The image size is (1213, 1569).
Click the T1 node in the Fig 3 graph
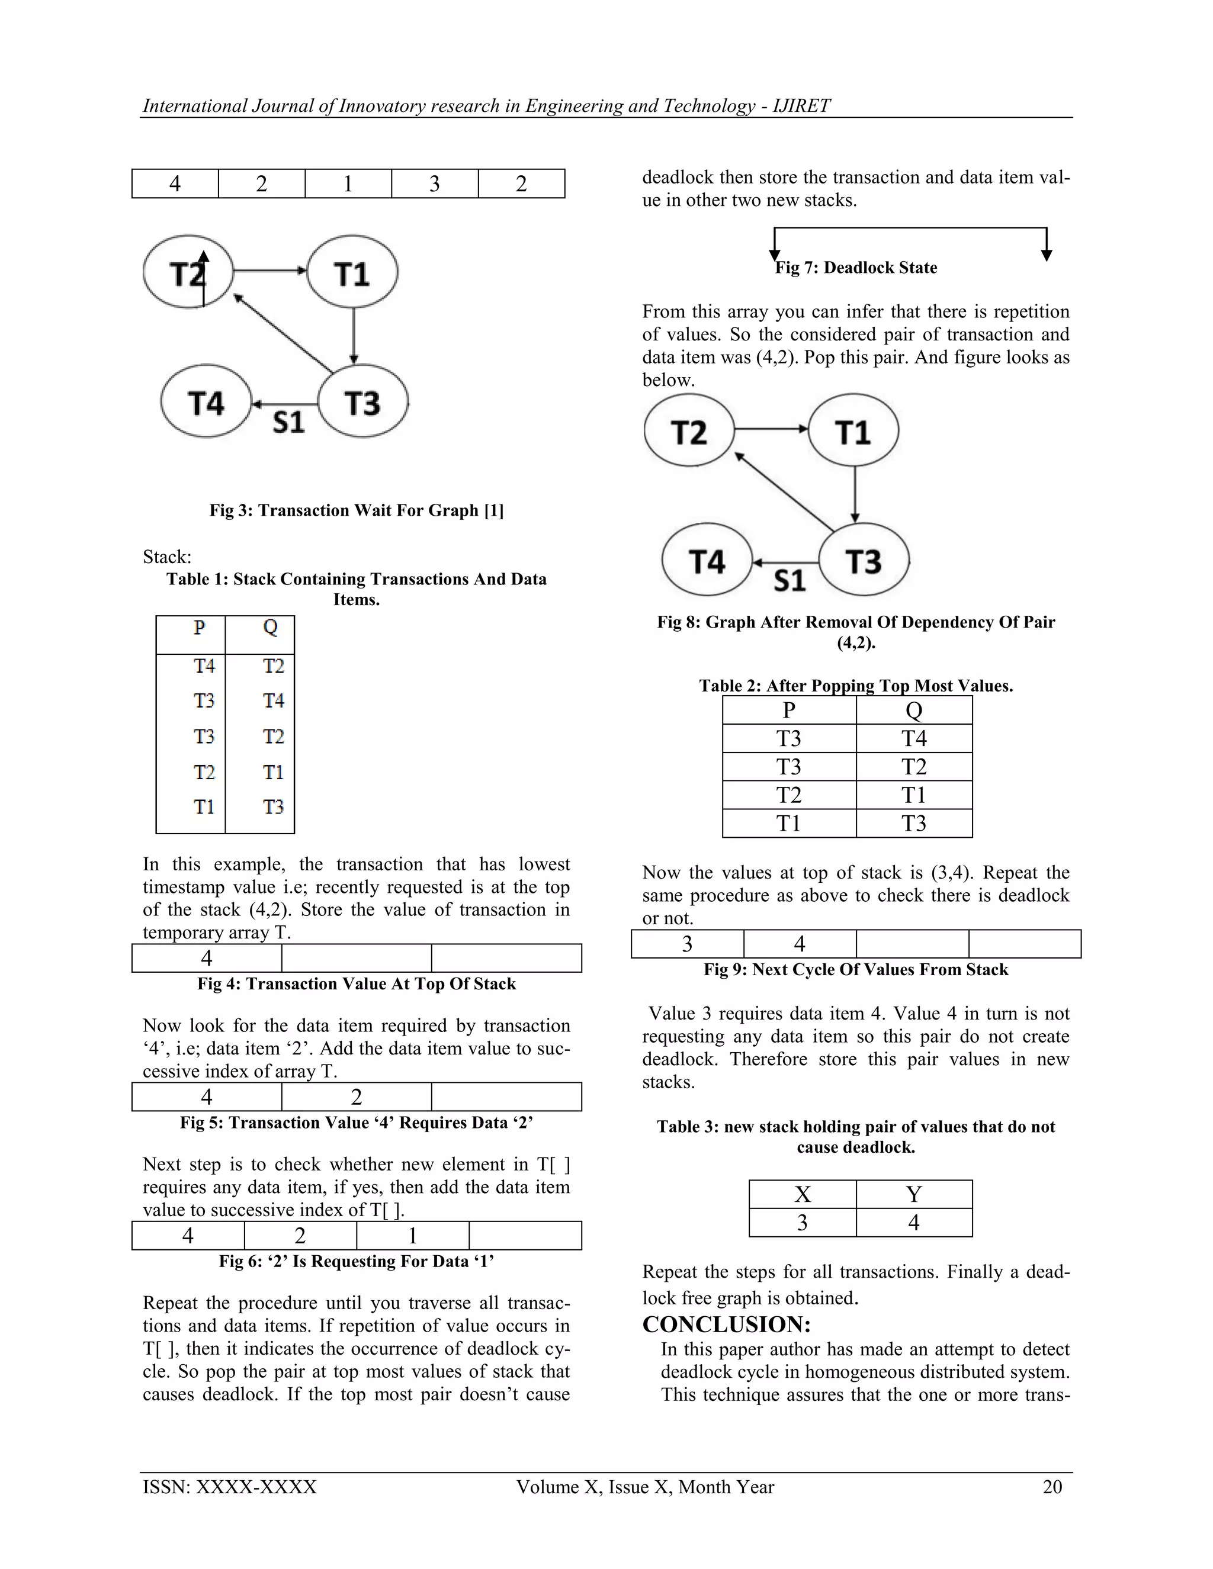tap(352, 274)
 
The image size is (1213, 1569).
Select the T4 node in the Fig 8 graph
tap(707, 561)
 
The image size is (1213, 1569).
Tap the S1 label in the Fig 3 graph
tap(289, 422)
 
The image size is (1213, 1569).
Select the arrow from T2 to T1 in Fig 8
tap(771, 430)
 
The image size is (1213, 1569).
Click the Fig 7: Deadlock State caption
tap(856, 268)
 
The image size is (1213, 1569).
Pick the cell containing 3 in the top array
tap(435, 184)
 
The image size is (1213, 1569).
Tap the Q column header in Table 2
tap(914, 710)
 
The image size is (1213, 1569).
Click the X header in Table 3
tap(803, 1194)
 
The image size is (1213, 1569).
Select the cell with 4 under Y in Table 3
tap(914, 1223)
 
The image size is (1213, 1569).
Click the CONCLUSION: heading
tap(727, 1324)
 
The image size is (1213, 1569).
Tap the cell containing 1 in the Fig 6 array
tap(412, 1236)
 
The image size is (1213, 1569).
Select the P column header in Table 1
tap(199, 628)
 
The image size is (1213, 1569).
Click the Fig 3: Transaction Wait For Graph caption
tap(357, 511)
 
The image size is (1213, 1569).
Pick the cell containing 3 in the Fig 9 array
tap(687, 944)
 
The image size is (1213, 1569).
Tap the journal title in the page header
tap(486, 105)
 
